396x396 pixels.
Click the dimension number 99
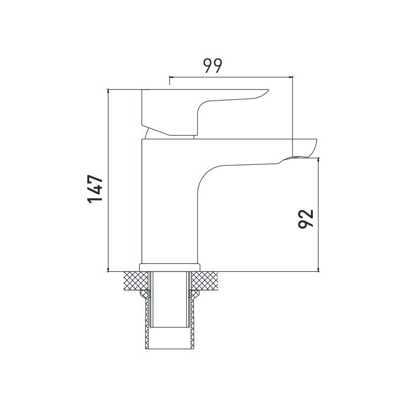tap(213, 66)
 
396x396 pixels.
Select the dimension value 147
tap(95, 189)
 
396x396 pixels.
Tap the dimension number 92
tap(305, 219)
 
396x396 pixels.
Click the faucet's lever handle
tap(177, 111)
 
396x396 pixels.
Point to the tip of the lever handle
tap(269, 90)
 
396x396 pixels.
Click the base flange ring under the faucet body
tap(169, 267)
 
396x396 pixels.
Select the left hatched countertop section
tap(136, 281)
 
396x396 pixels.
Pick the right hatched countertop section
tap(204, 281)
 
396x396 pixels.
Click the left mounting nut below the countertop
tap(146, 294)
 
